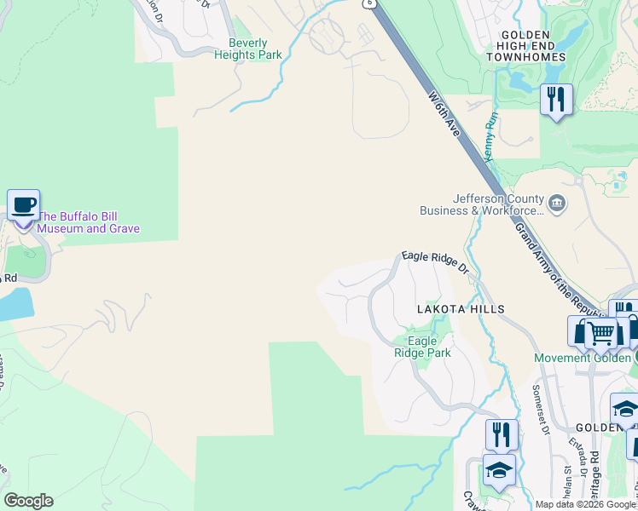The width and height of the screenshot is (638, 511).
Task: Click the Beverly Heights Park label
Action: [x=248, y=49]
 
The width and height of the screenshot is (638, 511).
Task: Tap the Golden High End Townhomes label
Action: [x=526, y=50]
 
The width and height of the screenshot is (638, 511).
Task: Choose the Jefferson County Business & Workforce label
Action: [x=498, y=204]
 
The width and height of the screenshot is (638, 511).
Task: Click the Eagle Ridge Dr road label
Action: [x=435, y=261]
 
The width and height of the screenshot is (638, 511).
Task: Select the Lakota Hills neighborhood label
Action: [x=461, y=309]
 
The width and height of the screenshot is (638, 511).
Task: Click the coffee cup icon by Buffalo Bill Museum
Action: [x=24, y=205]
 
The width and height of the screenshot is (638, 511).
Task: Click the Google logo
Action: [x=28, y=501]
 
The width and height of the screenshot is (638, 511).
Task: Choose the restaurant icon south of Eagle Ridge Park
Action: [x=502, y=434]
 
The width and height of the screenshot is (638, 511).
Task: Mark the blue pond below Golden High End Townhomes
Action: [x=521, y=82]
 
